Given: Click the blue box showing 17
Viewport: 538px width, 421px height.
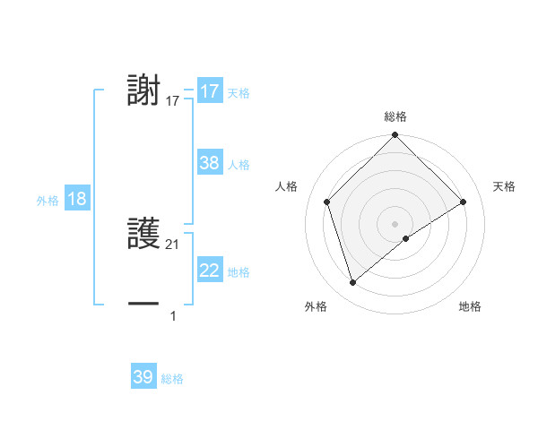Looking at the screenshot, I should coord(210,91).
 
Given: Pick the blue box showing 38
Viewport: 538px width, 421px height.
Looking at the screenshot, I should coord(210,163).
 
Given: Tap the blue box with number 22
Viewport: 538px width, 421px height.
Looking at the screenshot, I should coord(210,271).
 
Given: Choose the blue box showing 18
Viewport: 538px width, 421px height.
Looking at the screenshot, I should coord(77,199).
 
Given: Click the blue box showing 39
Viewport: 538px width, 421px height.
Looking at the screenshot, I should coord(143,377).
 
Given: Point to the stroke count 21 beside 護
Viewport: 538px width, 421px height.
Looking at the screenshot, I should coord(173,245).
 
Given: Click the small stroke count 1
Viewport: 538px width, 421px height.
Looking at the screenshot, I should coord(173,315).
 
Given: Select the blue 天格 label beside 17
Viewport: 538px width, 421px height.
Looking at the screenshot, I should coord(239,93).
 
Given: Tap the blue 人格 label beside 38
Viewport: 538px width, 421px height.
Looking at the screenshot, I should coord(239,165).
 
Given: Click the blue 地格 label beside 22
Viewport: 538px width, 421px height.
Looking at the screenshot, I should coord(239,272).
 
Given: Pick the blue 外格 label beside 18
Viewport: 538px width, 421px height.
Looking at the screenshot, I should coord(48,201).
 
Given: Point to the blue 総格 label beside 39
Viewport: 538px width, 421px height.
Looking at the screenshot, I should coord(172,379).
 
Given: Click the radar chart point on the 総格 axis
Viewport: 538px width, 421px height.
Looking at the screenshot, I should coord(395,136).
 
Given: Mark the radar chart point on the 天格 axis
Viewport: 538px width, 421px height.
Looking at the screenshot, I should coord(464,202).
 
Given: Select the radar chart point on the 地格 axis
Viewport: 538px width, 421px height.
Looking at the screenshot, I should coord(406,238).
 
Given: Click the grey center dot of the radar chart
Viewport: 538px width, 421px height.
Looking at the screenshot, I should coord(395,223).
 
